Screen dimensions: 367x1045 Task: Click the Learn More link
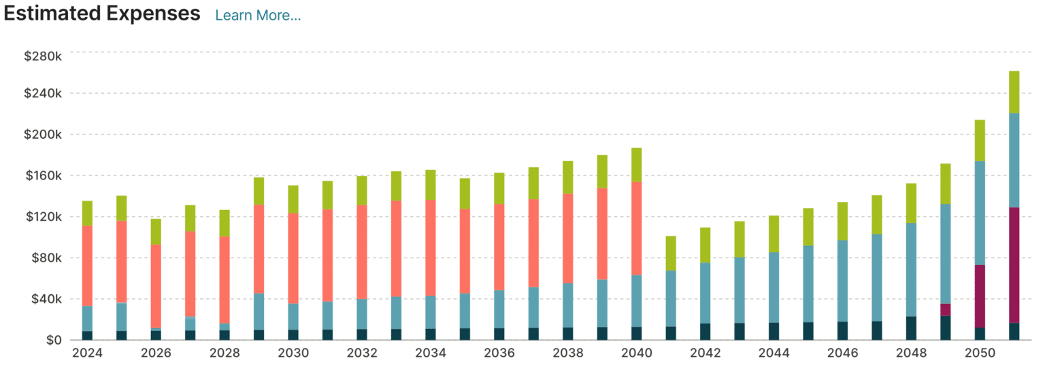258,15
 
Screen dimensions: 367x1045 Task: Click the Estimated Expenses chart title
102,14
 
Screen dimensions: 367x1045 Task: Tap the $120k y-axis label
43,217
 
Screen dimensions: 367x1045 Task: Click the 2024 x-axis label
86,353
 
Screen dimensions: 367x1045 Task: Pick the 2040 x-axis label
636,353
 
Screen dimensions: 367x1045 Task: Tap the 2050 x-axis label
980,353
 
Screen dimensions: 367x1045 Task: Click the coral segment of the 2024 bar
87,265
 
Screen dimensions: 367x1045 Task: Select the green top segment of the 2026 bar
156,231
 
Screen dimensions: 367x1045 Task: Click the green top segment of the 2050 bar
980,140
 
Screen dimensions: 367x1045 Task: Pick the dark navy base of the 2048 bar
911,328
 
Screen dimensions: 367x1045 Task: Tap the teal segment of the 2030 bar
293,317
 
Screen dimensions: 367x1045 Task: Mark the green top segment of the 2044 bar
774,234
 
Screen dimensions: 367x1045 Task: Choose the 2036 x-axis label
499,353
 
